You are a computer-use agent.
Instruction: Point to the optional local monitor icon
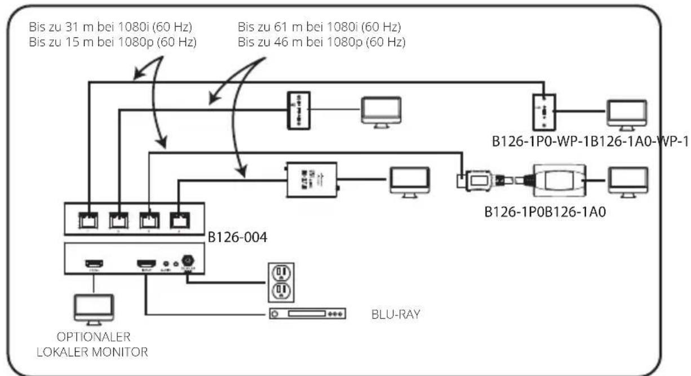[94, 308]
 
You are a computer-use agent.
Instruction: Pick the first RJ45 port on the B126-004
[89, 219]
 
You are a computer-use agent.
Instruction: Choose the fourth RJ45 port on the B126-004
[179, 219]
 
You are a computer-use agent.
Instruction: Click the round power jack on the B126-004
[188, 261]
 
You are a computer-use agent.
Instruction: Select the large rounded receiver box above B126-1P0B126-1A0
[559, 180]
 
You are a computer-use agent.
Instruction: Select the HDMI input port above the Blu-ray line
[147, 263]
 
